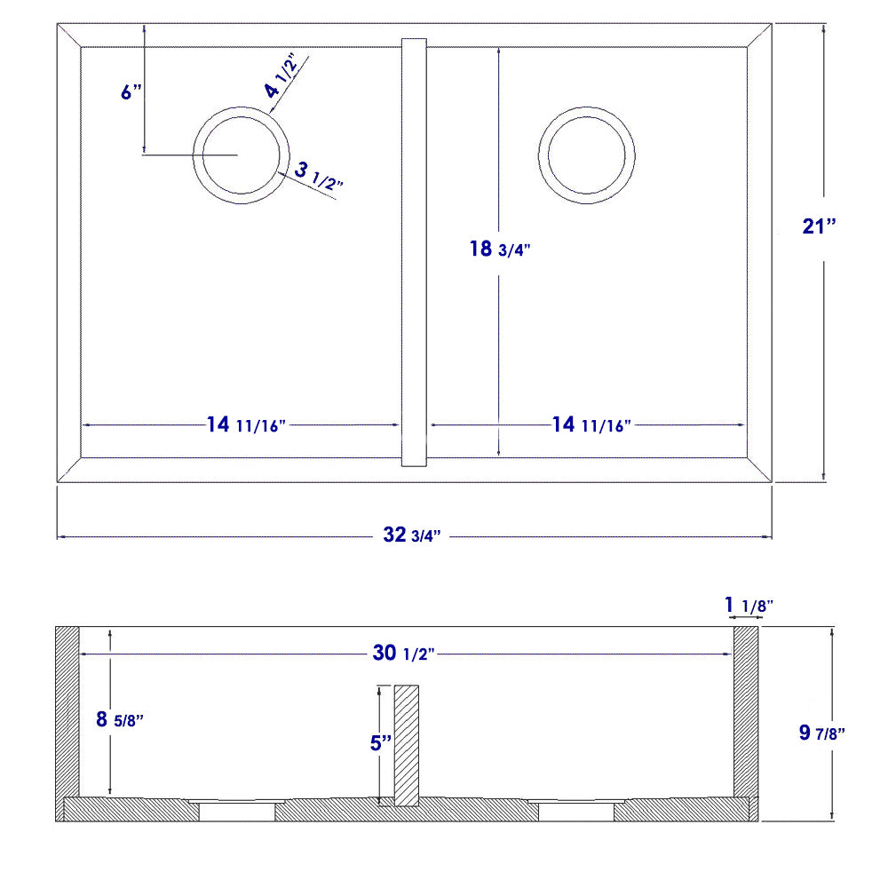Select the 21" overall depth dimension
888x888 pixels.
click(x=819, y=226)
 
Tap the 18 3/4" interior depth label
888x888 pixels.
click(x=498, y=250)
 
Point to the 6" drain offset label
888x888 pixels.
click(x=131, y=92)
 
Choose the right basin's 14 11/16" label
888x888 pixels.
click(x=591, y=424)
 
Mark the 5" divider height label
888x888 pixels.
click(x=381, y=742)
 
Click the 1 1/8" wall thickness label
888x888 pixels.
click(x=748, y=606)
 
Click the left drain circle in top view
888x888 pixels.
click(x=242, y=155)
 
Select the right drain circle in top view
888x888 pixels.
click(x=586, y=155)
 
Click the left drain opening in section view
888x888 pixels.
click(x=236, y=810)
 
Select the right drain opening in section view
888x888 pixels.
click(x=577, y=810)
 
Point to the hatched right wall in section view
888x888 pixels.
click(x=745, y=710)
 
